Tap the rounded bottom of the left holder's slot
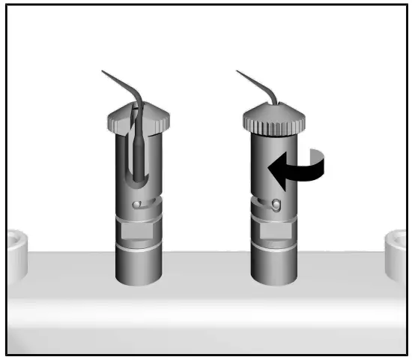[138, 182]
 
